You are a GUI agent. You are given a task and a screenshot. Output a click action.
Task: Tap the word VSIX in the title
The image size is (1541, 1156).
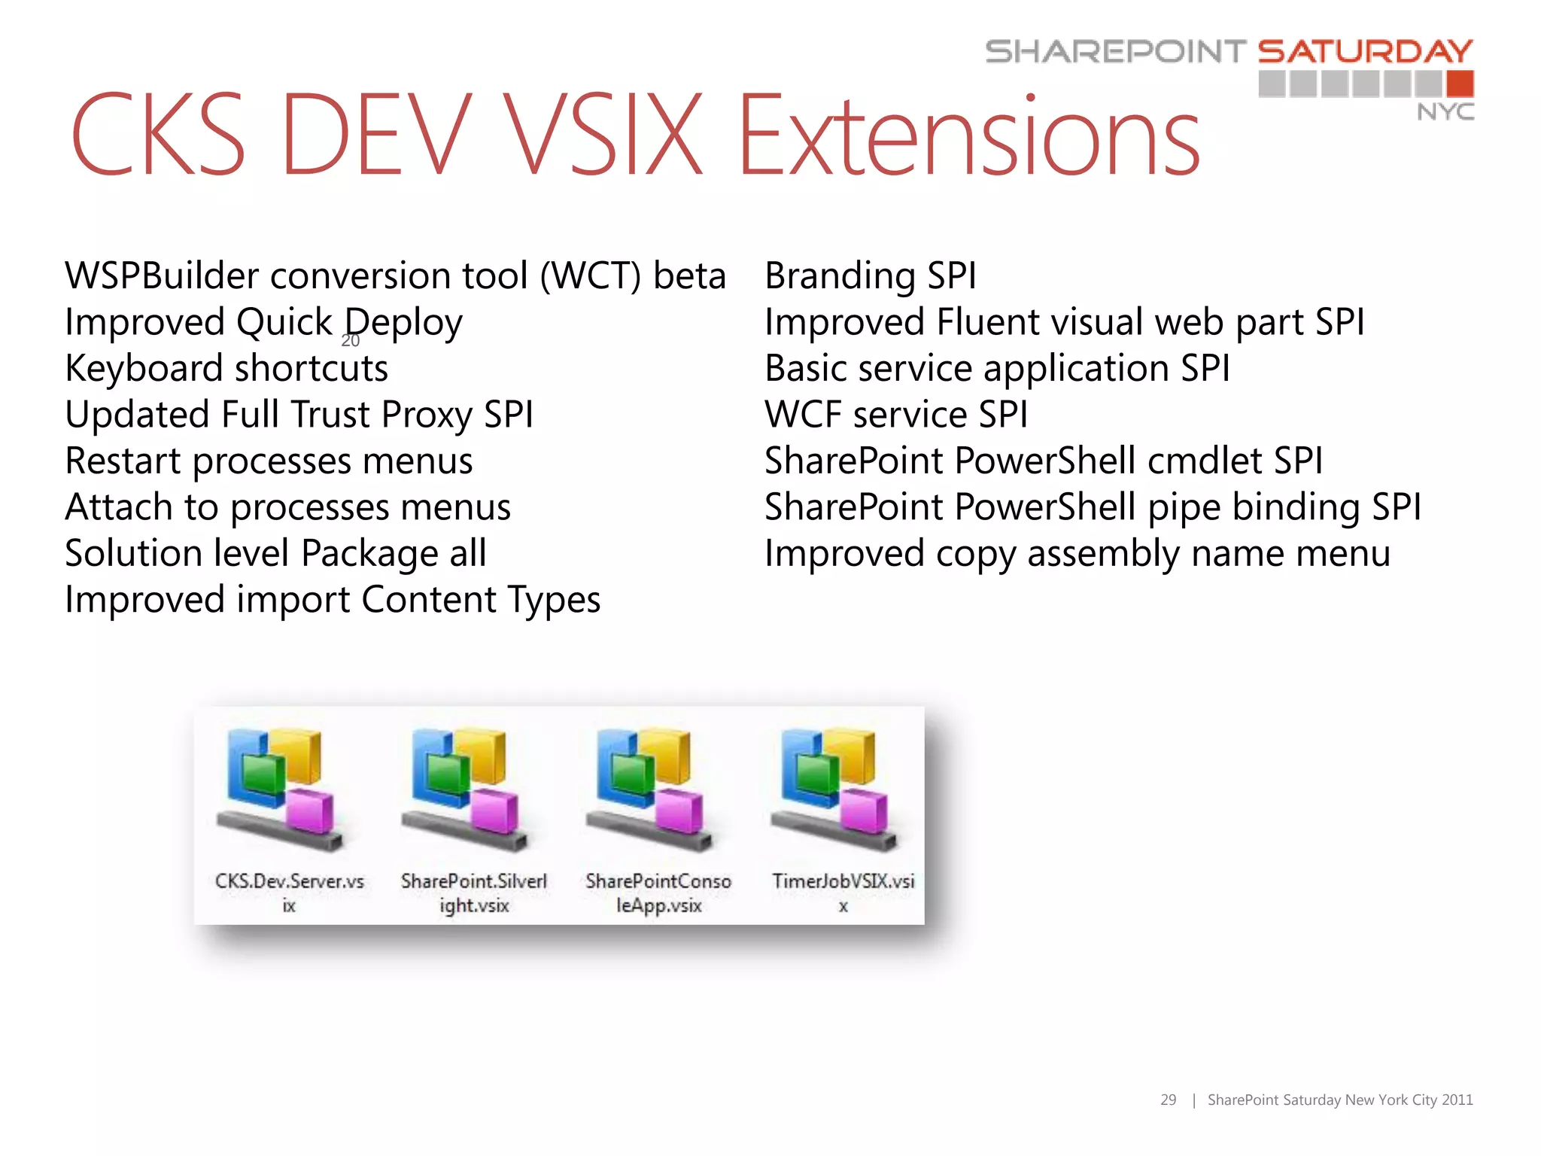pos(602,135)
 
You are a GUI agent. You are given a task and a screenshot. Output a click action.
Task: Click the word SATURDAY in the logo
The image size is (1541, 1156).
pos(1365,51)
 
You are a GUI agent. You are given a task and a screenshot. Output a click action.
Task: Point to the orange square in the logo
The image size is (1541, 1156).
pos(1460,83)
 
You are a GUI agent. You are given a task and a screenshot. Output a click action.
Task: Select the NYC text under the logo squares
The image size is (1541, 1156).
pos(1445,112)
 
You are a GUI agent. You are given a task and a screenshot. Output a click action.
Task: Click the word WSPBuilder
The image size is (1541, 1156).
pos(162,275)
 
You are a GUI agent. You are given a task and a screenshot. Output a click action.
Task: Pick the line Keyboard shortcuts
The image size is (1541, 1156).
pos(226,369)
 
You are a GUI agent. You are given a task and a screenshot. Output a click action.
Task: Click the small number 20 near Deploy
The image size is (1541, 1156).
pos(351,341)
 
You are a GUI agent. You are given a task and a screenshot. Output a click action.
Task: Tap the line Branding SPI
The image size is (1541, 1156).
pos(870,275)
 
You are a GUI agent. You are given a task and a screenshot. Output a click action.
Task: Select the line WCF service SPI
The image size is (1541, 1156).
pos(895,415)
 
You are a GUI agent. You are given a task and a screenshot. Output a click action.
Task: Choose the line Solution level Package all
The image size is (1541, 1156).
pos(275,553)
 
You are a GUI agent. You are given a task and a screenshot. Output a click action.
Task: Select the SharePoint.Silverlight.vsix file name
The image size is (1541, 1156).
pos(474,893)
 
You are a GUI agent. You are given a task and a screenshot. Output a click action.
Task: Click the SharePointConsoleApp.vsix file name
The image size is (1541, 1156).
pos(658,893)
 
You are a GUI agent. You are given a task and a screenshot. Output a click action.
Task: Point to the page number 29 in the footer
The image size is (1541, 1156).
pos(1168,1100)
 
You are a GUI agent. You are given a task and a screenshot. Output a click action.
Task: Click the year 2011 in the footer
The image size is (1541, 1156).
pos(1457,1100)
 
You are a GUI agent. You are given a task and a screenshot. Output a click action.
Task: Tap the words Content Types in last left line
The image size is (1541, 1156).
pos(481,600)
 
